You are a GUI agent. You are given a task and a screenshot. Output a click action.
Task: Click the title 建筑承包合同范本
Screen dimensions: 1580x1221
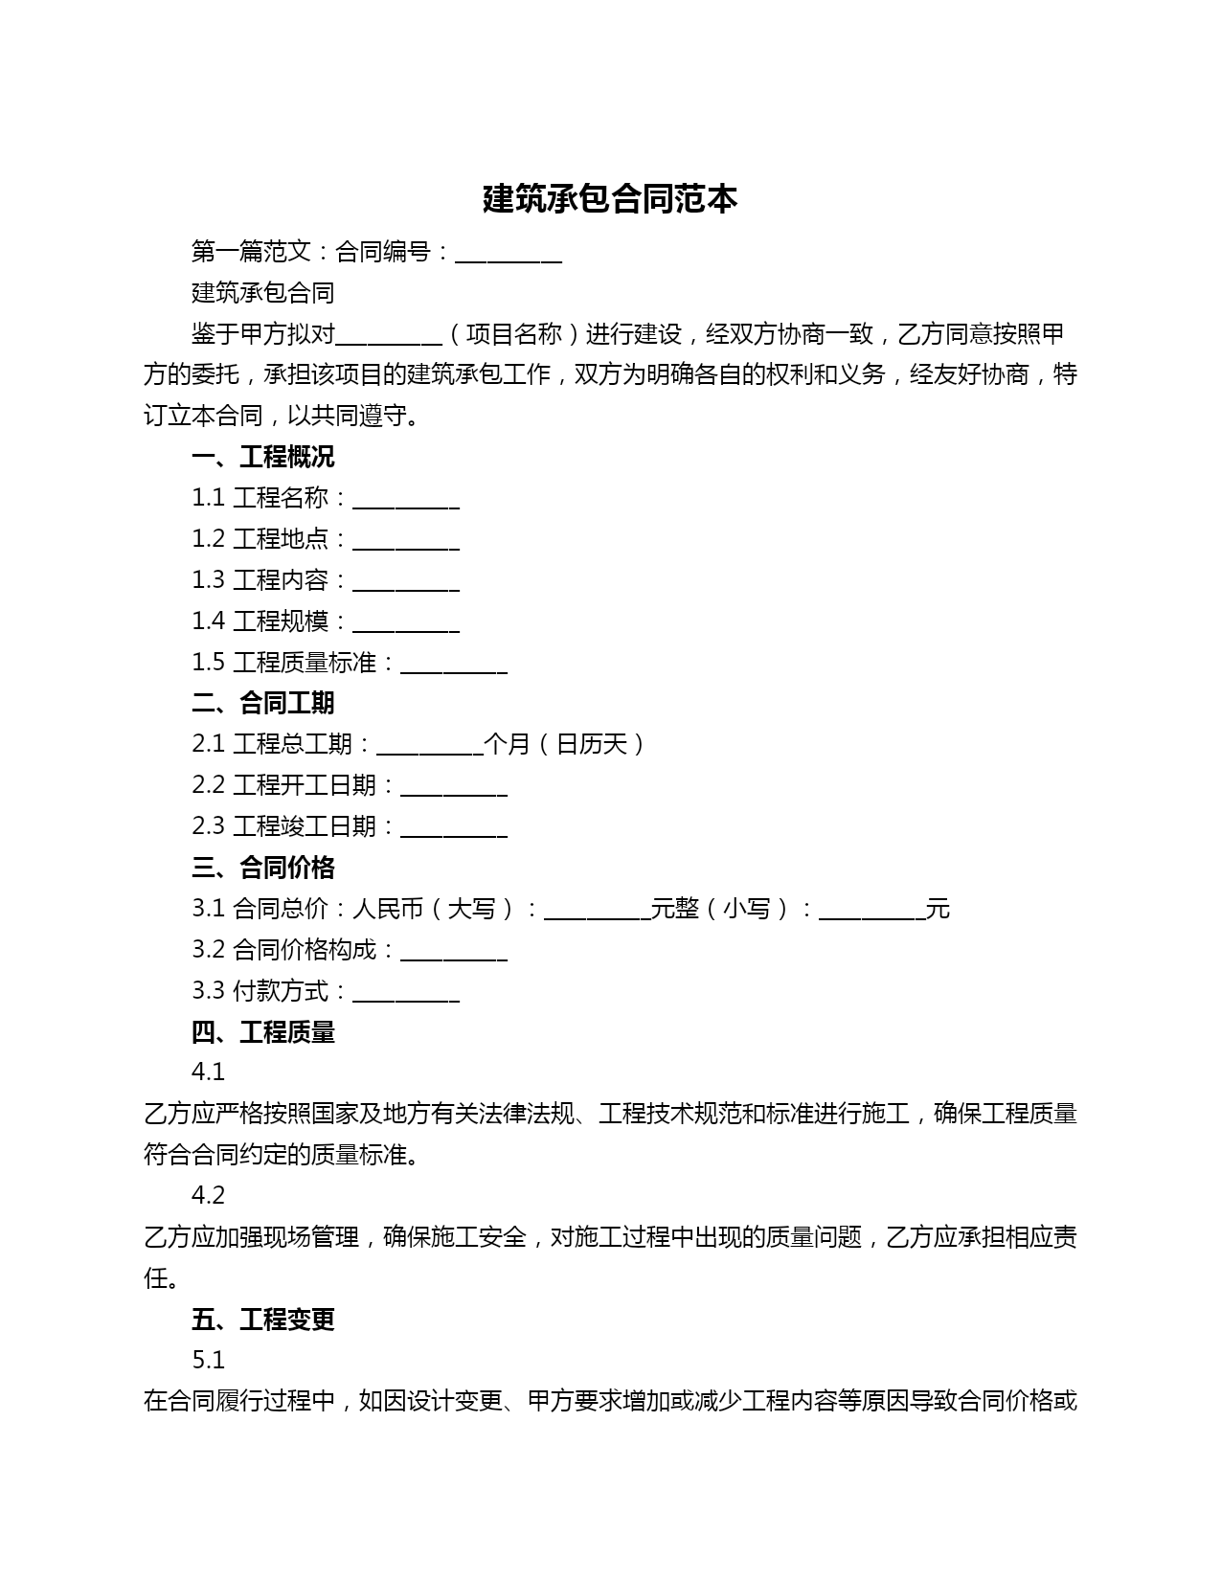[x=610, y=199]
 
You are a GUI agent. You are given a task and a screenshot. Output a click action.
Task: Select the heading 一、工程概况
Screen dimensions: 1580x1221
[x=262, y=457]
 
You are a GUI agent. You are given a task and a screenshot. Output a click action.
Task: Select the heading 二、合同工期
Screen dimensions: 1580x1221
[x=262, y=703]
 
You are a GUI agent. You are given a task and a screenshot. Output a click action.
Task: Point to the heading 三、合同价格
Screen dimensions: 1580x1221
[x=262, y=868]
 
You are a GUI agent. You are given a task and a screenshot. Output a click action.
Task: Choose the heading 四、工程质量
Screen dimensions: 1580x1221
[x=262, y=1032]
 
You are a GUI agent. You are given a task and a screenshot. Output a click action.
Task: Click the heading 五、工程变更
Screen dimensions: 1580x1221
[x=262, y=1320]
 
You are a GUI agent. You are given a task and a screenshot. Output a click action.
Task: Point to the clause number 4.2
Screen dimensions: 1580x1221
[x=208, y=1195]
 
